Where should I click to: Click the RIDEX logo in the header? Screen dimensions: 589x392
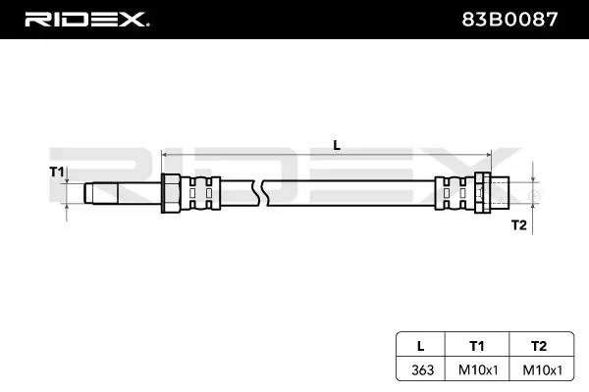(87, 20)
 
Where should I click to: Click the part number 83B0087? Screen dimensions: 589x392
(509, 20)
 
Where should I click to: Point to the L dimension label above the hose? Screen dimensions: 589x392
(337, 145)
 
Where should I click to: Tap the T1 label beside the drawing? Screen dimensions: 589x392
(57, 172)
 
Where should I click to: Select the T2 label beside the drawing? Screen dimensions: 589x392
(518, 225)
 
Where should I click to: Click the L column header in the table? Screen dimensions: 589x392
(421, 346)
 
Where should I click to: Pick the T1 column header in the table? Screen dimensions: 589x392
(477, 346)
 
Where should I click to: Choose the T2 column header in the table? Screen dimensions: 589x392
(539, 346)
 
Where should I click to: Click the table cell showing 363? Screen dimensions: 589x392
(422, 370)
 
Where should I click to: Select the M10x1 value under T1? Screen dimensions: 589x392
(478, 370)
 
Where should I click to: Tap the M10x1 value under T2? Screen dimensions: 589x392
(543, 370)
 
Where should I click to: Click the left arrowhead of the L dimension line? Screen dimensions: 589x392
(164, 154)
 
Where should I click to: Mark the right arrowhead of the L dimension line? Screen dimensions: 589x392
(489, 154)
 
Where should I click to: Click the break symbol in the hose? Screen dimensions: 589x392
(261, 193)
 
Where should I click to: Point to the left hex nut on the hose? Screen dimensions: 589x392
(171, 193)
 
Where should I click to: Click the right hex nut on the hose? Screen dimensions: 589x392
(483, 193)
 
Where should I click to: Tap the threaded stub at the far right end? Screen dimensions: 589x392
(500, 193)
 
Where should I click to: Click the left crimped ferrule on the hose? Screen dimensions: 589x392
(201, 193)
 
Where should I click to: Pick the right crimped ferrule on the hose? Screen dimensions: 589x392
(455, 193)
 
